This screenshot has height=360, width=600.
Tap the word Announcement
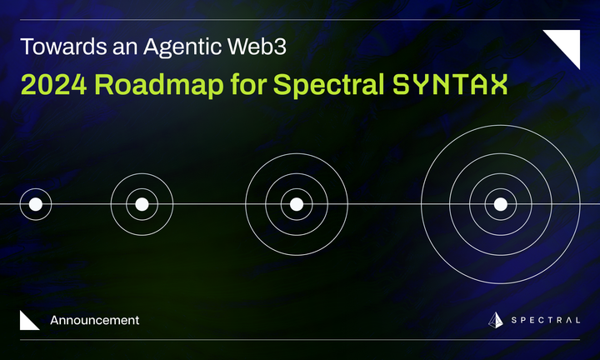94,320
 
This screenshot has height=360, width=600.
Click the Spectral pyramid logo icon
496,321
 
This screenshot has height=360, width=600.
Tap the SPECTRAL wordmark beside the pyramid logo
546,321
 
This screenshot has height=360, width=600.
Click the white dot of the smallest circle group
35,204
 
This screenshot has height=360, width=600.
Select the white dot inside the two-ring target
142,204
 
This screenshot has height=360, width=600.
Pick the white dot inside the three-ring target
296,204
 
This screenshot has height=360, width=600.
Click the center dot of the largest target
500,204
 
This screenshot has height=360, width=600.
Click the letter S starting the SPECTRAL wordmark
514,321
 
